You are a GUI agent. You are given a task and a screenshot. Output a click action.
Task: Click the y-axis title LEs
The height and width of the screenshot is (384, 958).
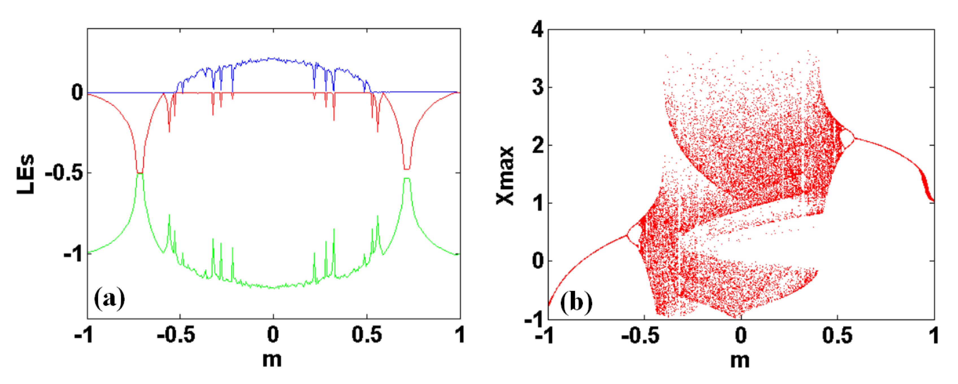coord(26,174)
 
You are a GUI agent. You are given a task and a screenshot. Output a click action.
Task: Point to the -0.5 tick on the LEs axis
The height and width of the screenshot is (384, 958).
coord(64,173)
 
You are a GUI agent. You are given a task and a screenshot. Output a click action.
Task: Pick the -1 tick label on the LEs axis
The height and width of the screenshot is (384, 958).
coord(73,254)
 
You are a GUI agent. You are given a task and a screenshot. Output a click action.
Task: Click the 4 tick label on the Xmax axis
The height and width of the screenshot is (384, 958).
coord(537,29)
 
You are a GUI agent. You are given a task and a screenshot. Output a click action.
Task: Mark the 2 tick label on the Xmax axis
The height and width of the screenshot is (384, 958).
coord(537,146)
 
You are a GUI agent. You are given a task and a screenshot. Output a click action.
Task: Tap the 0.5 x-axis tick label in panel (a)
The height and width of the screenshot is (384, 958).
coord(367,335)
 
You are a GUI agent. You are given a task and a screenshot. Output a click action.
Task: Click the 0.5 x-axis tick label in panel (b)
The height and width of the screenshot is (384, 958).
coord(837,336)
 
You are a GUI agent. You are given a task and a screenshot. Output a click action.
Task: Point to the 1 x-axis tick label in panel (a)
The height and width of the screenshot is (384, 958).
coord(460,335)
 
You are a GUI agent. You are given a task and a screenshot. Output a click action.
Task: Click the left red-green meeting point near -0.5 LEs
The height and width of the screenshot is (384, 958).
coord(140,173)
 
